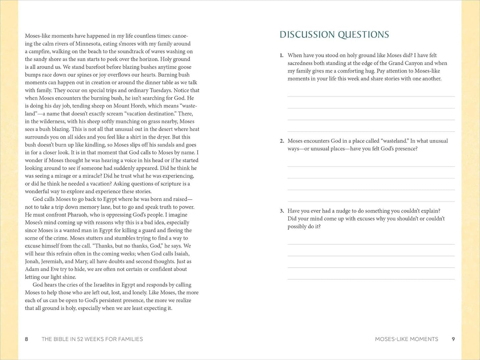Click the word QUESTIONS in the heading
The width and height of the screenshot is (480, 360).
click(363, 35)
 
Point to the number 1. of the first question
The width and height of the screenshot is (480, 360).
click(282, 55)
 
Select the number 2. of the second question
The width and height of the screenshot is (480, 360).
click(282, 141)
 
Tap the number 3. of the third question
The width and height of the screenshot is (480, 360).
click(282, 211)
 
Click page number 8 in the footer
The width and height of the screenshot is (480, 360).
click(27, 339)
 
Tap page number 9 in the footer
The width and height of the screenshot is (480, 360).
click(453, 339)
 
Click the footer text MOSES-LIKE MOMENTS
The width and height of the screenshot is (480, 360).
click(406, 339)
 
